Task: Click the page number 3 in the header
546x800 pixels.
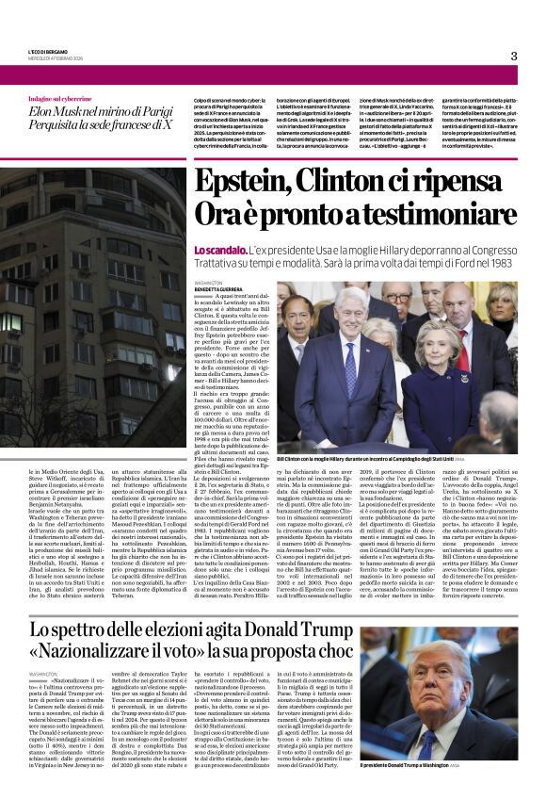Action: click(514, 56)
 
